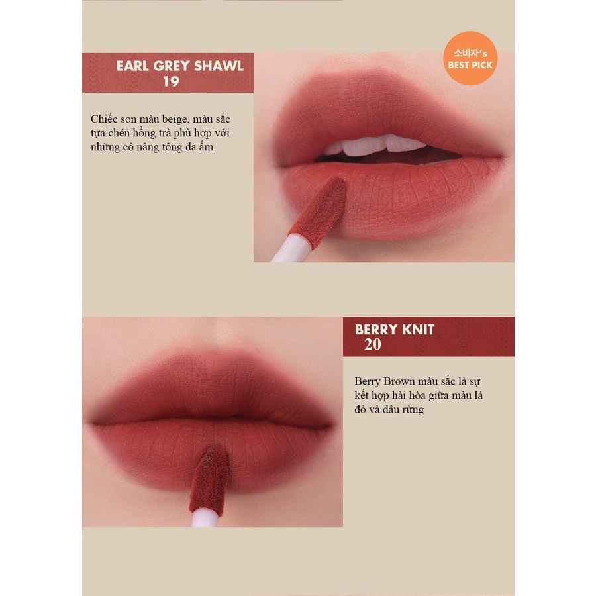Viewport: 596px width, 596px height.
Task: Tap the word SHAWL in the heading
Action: coord(219,66)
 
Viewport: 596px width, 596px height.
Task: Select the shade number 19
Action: coord(171,81)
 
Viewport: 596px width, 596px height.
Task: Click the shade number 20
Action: coord(372,344)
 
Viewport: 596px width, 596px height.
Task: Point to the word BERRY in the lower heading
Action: coord(376,330)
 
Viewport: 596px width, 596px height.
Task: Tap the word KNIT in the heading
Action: coord(418,330)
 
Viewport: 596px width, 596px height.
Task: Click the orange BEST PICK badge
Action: coord(470,58)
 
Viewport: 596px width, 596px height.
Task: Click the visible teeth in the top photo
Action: coord(375,145)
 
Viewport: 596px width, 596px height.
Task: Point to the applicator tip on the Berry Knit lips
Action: coord(209,481)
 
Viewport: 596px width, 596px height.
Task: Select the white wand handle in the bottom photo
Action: coord(205,518)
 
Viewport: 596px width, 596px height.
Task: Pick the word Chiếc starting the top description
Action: coord(104,119)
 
